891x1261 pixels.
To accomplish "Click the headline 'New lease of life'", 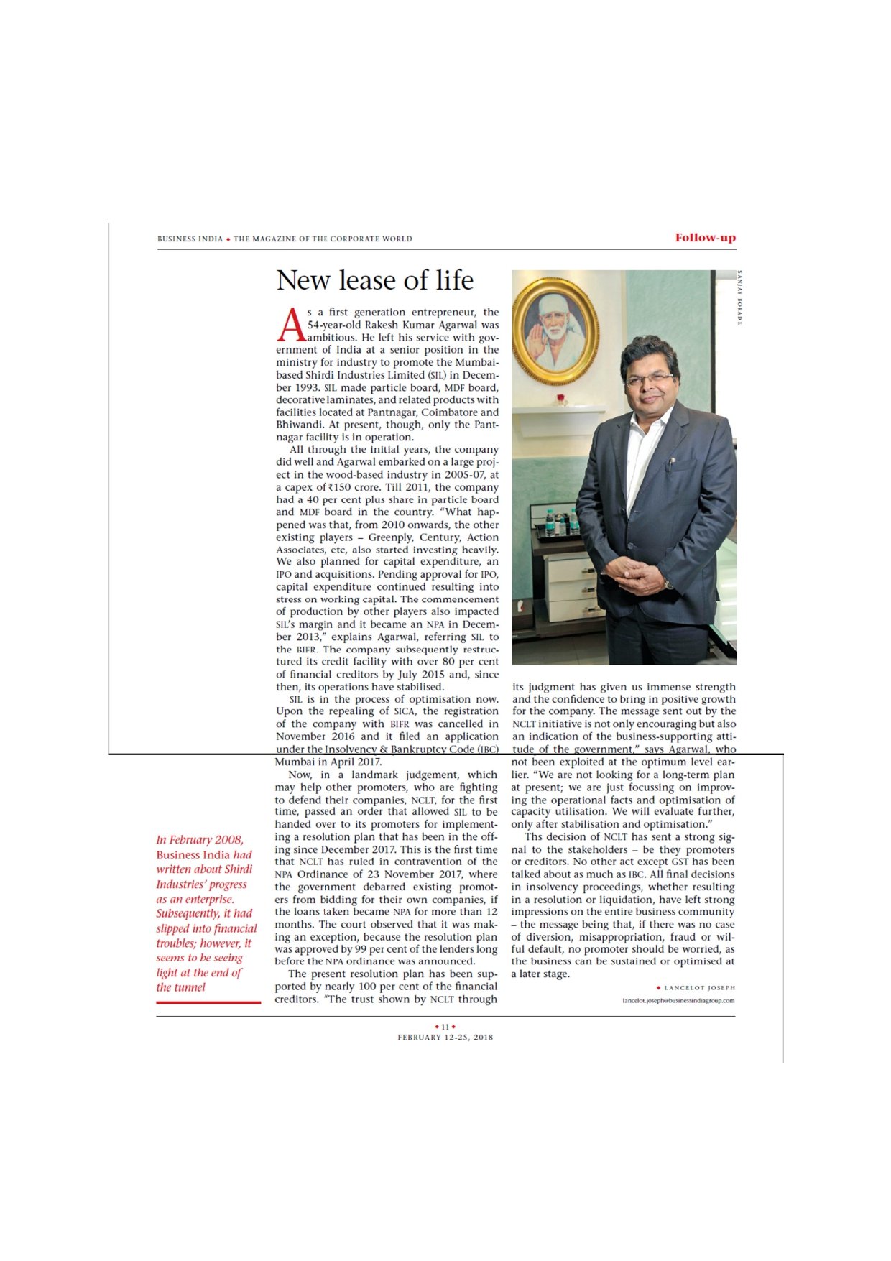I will (374, 280).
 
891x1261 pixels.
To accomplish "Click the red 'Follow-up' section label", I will (705, 238).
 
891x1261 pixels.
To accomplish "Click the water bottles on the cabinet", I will (560, 521).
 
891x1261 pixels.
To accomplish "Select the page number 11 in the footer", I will (445, 1027).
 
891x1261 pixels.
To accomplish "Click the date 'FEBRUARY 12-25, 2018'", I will (445, 1037).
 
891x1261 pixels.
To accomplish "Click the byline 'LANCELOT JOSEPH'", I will (700, 988).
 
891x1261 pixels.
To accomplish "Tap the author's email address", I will (678, 1000).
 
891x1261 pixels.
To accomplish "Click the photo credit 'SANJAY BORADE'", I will (740, 297).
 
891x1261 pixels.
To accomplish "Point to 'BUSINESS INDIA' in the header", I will (190, 239).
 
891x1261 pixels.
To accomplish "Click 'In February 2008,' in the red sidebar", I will (200, 840).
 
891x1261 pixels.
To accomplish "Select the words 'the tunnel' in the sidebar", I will (181, 987).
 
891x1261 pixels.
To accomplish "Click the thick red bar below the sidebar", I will (208, 1002).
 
